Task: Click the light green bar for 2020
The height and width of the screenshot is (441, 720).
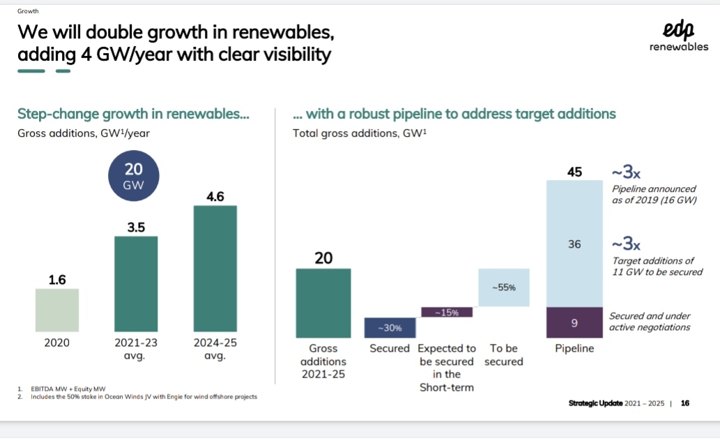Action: [x=57, y=311]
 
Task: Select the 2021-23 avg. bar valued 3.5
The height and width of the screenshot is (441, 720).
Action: [x=136, y=284]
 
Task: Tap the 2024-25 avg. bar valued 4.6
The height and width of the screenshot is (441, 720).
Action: [x=215, y=269]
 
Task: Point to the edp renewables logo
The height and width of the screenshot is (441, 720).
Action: [x=678, y=37]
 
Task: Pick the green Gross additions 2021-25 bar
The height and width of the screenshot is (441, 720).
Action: [x=323, y=303]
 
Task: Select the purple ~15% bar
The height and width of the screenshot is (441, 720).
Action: [x=447, y=312]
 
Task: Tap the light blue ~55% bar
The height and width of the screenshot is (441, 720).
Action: [x=503, y=287]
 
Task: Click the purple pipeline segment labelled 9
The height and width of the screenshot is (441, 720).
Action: [x=574, y=322]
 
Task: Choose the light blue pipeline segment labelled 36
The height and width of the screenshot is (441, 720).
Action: [x=574, y=244]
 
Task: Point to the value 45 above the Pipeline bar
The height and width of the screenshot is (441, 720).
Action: [x=574, y=171]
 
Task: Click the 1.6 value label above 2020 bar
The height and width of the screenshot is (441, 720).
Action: [x=57, y=280]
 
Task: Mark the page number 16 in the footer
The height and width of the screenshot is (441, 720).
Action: [x=685, y=403]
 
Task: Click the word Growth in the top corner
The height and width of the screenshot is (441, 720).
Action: [x=29, y=11]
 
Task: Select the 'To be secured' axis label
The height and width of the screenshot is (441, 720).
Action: [x=503, y=354]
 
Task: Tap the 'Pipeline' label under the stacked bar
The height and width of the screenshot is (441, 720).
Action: [x=574, y=348]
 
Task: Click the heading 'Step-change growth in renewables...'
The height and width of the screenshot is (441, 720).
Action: [x=133, y=114]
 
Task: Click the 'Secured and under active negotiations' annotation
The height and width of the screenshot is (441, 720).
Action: [x=650, y=322]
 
